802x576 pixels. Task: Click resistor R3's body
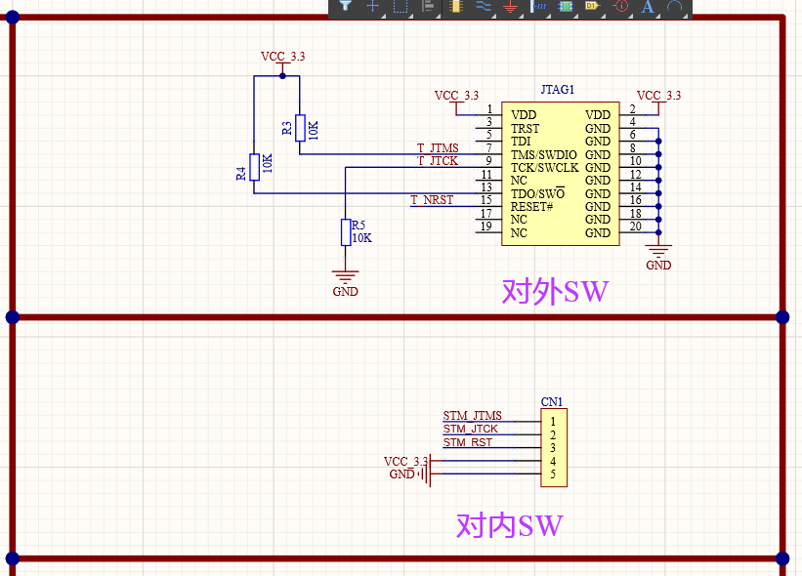click(x=300, y=127)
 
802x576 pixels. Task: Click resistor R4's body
click(x=254, y=167)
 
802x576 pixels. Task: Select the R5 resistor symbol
click(x=345, y=232)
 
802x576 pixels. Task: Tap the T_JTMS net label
click(x=438, y=148)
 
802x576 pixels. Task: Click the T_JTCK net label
click(x=438, y=161)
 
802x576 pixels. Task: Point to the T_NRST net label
click(x=432, y=200)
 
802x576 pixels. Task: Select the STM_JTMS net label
click(x=472, y=416)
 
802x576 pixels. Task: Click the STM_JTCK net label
click(x=471, y=429)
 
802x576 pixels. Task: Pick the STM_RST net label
click(x=468, y=442)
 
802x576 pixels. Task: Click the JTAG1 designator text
click(x=558, y=90)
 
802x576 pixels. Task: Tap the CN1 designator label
click(x=552, y=402)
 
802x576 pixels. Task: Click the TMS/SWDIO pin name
click(x=544, y=154)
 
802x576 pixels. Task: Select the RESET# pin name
click(x=532, y=207)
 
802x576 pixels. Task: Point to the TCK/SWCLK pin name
click(x=544, y=168)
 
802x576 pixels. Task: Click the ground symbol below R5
click(x=345, y=278)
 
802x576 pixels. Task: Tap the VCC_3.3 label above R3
click(x=282, y=57)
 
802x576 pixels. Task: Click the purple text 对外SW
click(x=555, y=292)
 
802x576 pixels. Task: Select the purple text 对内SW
click(x=509, y=526)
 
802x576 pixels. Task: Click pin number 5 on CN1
click(x=553, y=474)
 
